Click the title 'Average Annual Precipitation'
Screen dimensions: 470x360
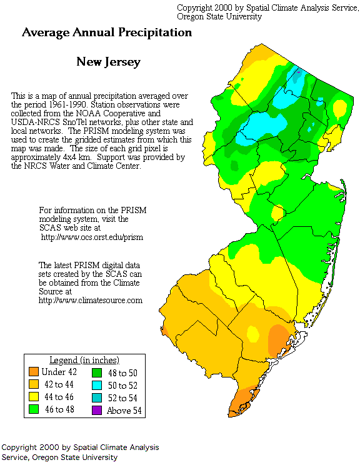point(107,32)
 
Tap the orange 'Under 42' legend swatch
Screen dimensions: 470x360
point(33,373)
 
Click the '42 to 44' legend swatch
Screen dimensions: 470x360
point(33,385)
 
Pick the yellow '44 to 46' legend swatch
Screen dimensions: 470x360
point(33,397)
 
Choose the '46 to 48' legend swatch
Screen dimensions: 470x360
point(33,409)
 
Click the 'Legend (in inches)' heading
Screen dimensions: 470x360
point(84,361)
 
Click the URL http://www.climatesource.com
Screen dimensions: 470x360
point(91,301)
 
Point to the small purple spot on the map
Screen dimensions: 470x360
point(299,72)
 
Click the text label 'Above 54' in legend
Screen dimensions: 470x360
point(123,410)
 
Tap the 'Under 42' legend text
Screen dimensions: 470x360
point(59,373)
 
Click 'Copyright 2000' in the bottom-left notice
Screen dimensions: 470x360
point(29,447)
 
